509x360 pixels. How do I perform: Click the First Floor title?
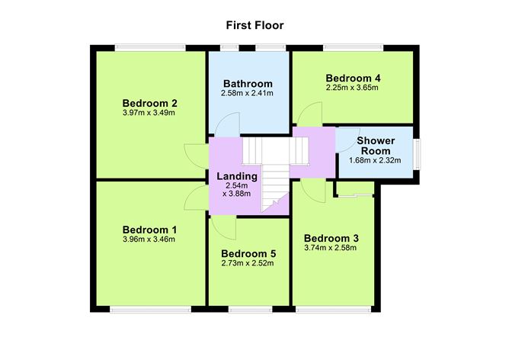point(254,25)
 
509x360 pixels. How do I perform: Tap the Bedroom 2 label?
point(149,103)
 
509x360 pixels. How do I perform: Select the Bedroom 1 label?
point(149,229)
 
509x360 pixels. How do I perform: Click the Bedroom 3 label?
point(331,237)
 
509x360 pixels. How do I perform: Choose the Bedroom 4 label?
point(352,78)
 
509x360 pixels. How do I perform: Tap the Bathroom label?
point(247,83)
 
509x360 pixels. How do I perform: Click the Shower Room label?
point(375,145)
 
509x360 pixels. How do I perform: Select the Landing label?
point(238,175)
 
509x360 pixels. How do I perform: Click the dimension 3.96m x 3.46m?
point(149,239)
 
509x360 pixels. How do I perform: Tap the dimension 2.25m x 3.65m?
point(352,88)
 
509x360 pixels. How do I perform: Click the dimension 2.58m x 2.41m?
point(247,93)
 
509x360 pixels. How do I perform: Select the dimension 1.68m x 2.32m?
point(375,160)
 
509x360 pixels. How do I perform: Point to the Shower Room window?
point(418,152)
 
